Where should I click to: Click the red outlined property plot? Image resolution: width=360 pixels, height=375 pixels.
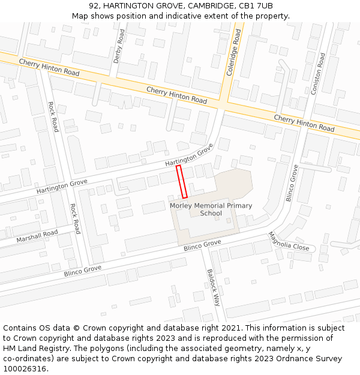(182, 182)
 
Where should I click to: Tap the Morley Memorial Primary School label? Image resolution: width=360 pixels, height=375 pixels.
(211, 209)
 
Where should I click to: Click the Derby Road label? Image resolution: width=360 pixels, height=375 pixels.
(120, 45)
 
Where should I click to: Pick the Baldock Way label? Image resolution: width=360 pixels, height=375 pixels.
(214, 287)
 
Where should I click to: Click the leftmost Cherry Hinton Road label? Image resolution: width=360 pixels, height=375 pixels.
(49, 67)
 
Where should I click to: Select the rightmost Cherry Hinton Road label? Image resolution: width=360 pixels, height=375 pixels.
(304, 123)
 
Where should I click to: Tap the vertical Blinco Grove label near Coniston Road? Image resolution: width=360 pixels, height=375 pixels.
(292, 183)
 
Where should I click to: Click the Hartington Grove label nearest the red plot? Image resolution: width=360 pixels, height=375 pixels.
(190, 155)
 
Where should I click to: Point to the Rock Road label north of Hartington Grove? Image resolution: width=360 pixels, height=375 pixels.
(53, 117)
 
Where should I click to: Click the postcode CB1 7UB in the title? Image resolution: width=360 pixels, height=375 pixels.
(257, 5)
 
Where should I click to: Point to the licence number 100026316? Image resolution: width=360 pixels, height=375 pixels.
(25, 368)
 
